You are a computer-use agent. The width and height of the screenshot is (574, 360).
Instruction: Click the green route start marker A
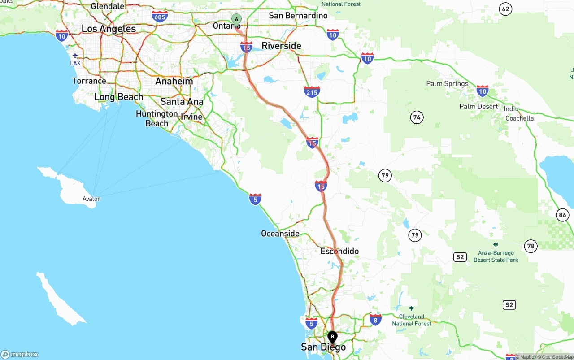pos(236,19)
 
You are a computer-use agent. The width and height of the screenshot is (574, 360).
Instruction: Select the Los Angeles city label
pos(109,29)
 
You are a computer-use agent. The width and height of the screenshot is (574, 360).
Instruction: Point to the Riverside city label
pos(281,46)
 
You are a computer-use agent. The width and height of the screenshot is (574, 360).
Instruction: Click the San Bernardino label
pos(298,16)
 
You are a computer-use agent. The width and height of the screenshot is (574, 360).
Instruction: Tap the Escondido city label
pos(339,251)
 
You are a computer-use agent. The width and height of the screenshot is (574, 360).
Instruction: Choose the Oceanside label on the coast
pos(280,234)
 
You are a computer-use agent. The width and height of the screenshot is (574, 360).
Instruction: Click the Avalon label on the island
pos(91,199)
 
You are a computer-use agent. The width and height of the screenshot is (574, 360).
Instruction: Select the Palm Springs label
pos(447,84)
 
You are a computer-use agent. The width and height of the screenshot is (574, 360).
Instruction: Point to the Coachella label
pos(519,118)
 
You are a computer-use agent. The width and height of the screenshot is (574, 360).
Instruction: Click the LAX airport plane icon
pos(75,55)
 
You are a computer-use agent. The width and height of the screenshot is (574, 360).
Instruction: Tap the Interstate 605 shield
pos(160,17)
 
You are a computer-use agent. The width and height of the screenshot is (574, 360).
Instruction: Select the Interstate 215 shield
pos(312,92)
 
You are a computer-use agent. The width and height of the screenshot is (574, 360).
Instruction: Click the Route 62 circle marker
pos(506,9)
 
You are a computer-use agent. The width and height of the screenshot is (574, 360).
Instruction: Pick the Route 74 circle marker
pos(417,117)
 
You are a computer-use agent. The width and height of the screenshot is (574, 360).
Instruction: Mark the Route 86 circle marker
pos(563,215)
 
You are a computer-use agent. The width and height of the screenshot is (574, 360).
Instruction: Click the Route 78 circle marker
pos(531,246)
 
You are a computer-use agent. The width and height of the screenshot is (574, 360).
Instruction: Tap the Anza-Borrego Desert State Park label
pos(496,256)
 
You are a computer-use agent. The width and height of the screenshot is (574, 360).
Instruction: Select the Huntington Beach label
pos(157,118)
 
